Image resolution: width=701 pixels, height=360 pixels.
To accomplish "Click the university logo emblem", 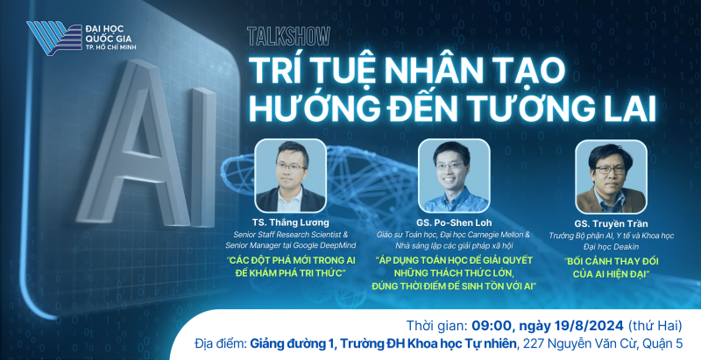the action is point(54,38).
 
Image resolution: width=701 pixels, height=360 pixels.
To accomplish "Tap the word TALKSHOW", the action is point(288,36).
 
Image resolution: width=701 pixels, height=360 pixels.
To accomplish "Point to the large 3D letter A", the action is point(133,143).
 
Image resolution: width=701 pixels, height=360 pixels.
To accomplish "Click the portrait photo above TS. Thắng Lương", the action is point(290,175).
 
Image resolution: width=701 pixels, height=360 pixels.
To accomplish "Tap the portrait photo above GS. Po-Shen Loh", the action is point(454,175).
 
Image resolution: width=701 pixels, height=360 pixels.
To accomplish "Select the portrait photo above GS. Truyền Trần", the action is point(611,177).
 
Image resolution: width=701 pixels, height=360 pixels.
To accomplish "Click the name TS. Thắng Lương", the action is point(290,222).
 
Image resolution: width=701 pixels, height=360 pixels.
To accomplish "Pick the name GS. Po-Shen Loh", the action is point(453,222).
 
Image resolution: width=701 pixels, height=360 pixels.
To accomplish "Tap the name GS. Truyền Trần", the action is point(611,223).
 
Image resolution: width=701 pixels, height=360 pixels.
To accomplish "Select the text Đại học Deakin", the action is point(611,246).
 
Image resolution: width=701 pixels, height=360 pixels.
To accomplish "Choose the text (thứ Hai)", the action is point(655,326).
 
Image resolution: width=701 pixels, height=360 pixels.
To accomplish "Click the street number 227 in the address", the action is point(532,343).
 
